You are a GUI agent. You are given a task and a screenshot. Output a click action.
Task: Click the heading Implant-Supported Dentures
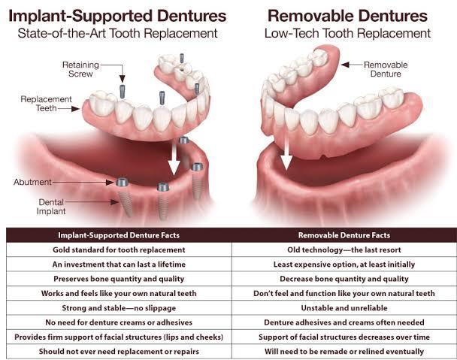click(117, 16)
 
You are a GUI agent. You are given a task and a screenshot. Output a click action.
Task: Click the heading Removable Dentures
click(347, 16)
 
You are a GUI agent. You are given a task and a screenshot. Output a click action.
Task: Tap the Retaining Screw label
click(80, 69)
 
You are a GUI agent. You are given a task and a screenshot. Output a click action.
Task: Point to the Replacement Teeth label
click(46, 104)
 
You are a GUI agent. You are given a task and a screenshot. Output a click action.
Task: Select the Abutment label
click(32, 182)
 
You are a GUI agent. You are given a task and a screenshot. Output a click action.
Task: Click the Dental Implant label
click(51, 207)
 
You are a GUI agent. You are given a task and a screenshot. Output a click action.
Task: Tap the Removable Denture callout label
click(386, 69)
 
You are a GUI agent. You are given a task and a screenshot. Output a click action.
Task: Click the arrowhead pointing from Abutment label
click(110, 182)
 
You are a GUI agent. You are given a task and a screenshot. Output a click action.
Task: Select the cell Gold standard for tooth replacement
click(119, 250)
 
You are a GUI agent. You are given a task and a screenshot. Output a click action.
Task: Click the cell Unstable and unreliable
click(344, 308)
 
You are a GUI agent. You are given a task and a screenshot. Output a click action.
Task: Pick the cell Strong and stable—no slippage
click(119, 308)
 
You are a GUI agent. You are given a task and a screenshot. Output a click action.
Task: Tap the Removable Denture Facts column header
click(344, 235)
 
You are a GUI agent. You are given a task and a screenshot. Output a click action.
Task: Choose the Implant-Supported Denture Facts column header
click(119, 235)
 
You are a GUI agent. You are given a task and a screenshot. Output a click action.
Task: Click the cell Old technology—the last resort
click(344, 250)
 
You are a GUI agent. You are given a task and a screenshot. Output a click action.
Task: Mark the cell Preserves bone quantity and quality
click(119, 279)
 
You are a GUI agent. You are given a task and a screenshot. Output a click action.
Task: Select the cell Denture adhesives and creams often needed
click(344, 322)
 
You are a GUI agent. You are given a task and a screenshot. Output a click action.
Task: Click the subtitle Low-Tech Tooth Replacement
click(347, 33)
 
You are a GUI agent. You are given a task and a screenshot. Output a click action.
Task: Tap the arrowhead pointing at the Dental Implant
click(114, 201)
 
